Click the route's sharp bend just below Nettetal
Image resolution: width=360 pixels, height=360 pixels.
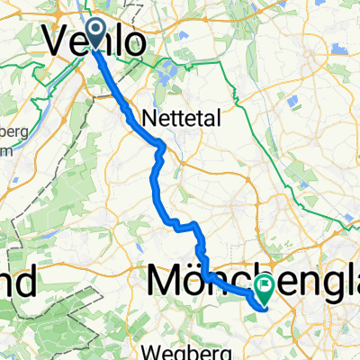(x=162, y=144)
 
